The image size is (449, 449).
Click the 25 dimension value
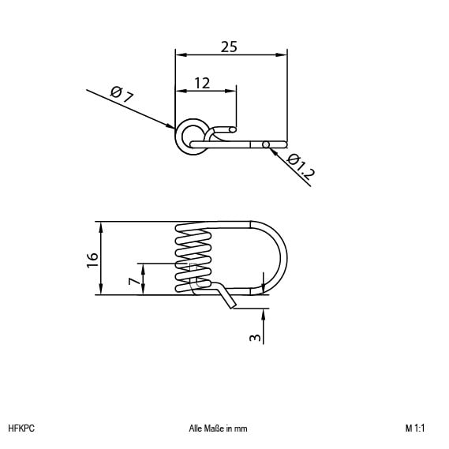tap(229, 47)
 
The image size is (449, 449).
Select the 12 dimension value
tap(202, 83)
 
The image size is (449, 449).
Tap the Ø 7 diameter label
tap(122, 95)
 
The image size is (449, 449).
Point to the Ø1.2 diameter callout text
tap(301, 167)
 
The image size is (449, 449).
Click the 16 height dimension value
tap(92, 260)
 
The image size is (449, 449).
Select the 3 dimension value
tap(255, 338)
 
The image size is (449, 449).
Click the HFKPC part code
tap(21, 428)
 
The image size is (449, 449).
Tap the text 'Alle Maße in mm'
tap(218, 428)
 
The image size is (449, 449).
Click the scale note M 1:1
tap(415, 428)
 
